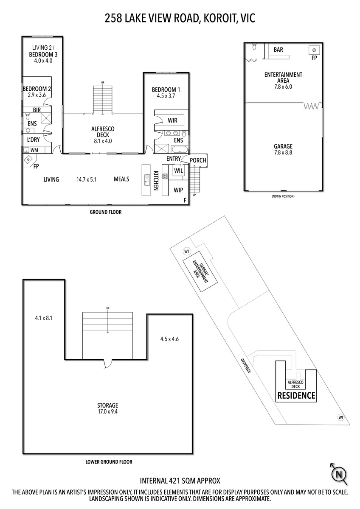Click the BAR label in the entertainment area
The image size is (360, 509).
click(278, 50)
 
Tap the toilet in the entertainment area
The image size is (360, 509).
click(254, 46)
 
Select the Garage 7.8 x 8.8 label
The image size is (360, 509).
click(283, 149)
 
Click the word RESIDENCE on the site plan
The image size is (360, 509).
click(296, 396)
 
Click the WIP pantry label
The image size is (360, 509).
click(178, 190)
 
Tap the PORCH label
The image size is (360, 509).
click(198, 160)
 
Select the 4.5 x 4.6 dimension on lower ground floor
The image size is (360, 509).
click(169, 339)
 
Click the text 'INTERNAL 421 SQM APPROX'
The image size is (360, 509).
click(180, 481)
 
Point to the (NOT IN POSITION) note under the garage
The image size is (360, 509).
click(283, 196)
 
